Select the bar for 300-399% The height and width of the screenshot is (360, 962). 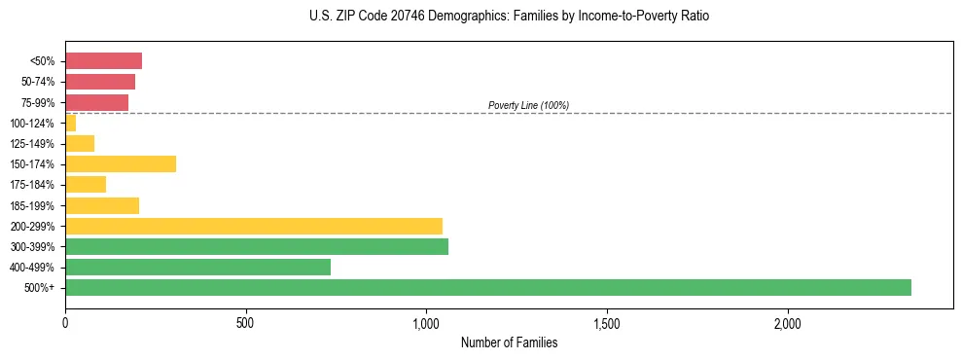(257, 246)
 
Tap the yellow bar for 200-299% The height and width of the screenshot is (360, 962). (254, 226)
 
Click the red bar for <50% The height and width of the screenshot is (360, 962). (103, 61)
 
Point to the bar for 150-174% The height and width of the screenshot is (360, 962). (121, 163)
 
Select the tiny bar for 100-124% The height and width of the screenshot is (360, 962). (70, 123)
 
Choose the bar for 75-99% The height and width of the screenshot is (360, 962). (96, 102)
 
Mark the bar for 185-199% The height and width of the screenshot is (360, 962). (102, 205)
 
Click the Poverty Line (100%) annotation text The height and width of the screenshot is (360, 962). (528, 105)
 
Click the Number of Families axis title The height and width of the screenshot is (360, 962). (509, 342)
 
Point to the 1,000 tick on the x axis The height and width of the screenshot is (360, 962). (426, 322)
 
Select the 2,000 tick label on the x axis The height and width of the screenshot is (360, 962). (787, 322)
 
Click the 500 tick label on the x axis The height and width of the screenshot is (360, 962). (245, 322)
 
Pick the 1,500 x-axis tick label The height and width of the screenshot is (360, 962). (607, 322)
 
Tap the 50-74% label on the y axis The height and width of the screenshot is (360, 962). (37, 82)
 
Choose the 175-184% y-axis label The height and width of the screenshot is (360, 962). (32, 185)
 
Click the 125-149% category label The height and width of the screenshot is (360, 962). (32, 144)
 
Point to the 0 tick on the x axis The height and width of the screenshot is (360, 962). (65, 322)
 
